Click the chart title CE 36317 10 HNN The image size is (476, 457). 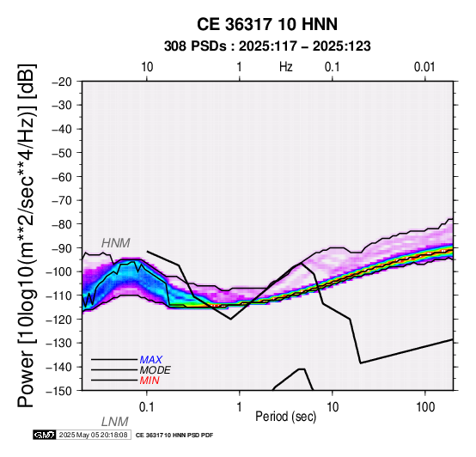267,24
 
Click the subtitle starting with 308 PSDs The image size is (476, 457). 267,46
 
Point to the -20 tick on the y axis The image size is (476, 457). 62,82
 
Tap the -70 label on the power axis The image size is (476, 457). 62,201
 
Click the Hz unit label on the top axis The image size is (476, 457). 286,67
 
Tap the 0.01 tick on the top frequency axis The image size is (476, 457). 424,67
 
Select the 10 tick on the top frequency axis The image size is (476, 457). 147,67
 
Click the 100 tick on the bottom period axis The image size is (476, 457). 425,407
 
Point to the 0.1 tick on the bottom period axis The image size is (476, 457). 147,407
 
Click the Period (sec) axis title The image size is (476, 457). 286,417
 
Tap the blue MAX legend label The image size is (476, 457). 151,360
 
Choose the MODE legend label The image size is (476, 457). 156,370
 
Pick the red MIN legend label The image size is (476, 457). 150,381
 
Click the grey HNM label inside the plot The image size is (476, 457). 116,243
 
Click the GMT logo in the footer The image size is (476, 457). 45,435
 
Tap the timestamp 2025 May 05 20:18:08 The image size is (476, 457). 94,435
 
